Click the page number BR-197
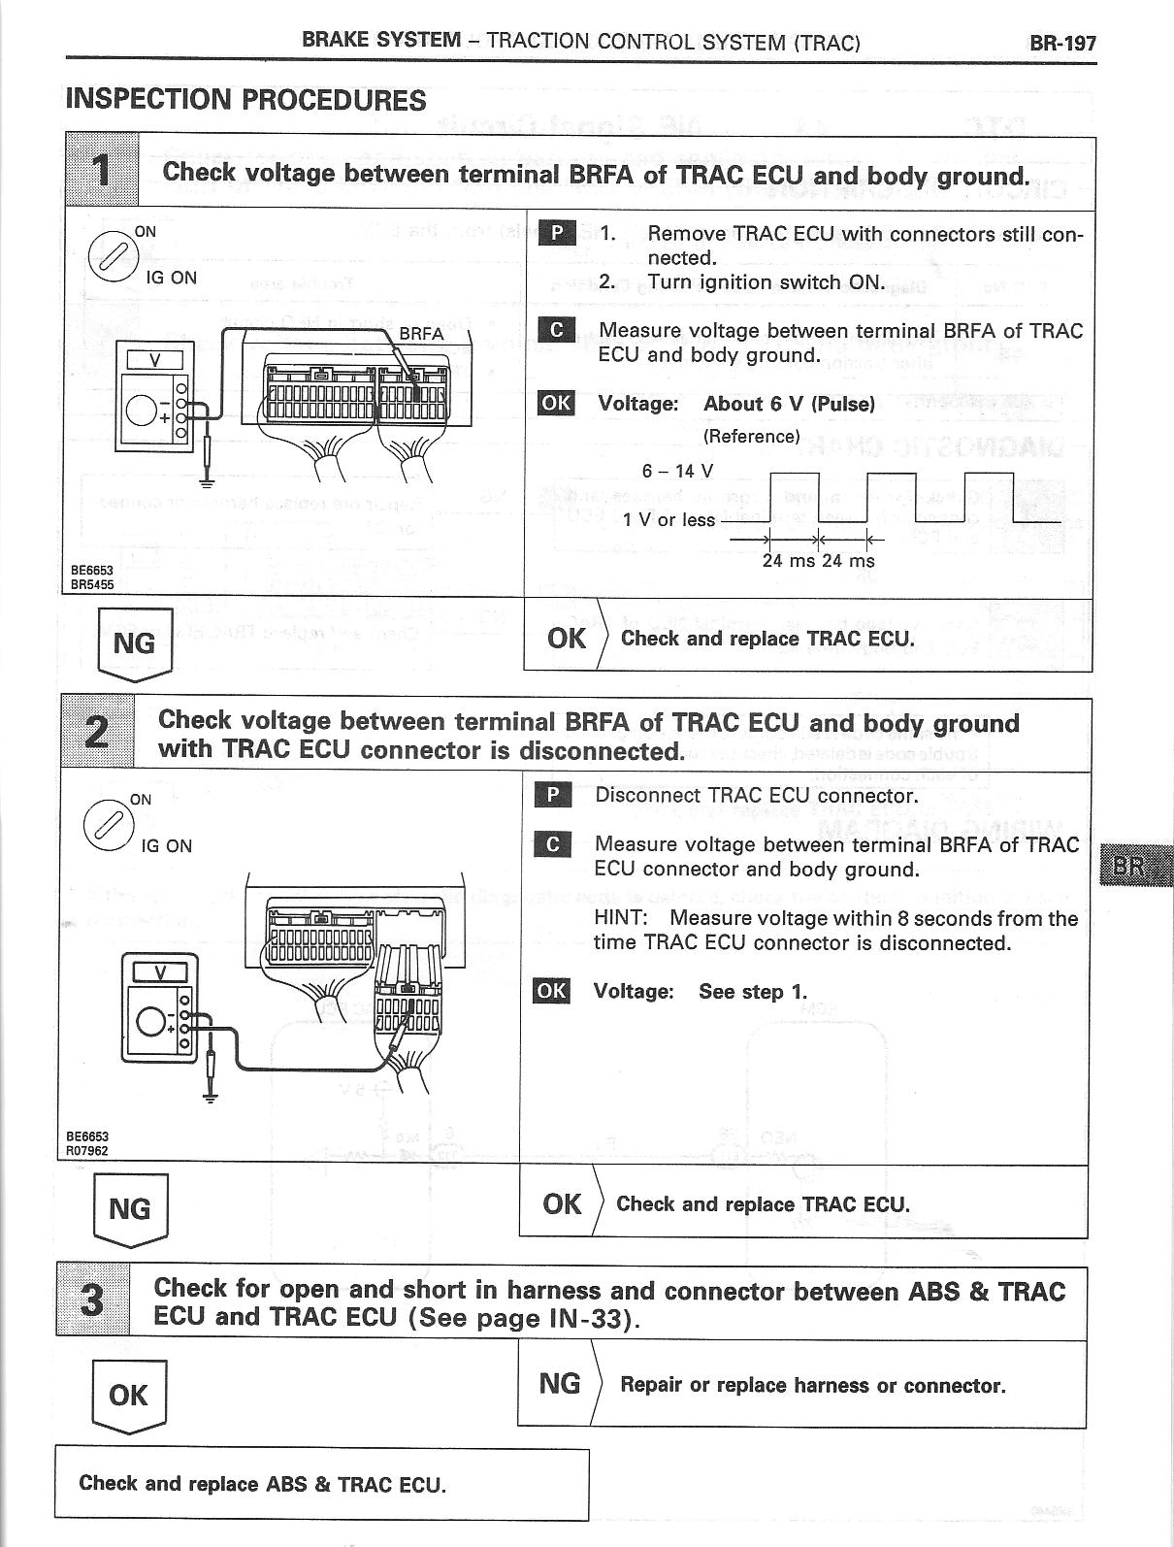(x=1062, y=43)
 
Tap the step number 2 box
(x=97, y=733)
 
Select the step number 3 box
(x=93, y=1300)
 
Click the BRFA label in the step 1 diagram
(x=421, y=333)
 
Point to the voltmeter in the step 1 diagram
(x=155, y=395)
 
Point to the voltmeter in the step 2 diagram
(x=161, y=1007)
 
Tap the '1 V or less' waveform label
(x=669, y=520)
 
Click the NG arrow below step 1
(x=136, y=642)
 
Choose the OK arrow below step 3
(x=128, y=1396)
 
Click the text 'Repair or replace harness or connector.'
(x=812, y=1385)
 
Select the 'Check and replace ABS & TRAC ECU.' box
(x=321, y=1483)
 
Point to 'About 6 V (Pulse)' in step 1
(x=789, y=404)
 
